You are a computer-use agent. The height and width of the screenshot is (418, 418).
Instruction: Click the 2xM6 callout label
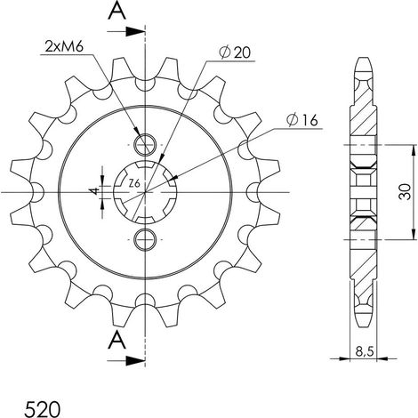tap(64, 46)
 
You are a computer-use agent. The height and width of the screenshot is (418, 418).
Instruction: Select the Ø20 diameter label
tap(234, 52)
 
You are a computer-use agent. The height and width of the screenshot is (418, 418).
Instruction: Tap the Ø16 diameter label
tap(301, 120)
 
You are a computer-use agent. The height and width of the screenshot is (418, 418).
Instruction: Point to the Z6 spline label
tap(134, 184)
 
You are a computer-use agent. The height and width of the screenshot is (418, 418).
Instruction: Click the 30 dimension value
tap(406, 192)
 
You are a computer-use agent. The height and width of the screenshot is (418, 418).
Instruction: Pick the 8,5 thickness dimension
tap(365, 352)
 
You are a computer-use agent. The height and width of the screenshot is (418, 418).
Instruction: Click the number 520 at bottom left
tap(43, 409)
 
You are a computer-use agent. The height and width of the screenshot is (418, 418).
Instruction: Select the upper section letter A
tap(117, 12)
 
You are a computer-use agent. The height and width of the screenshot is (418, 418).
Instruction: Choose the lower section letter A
tap(117, 340)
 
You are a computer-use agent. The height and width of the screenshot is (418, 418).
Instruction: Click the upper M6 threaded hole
tap(145, 145)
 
